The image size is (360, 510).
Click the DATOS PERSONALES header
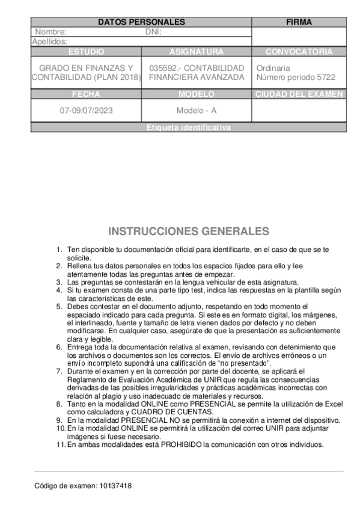[x=141, y=22]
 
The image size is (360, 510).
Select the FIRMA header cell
[x=299, y=22]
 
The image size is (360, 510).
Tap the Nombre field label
[x=50, y=32]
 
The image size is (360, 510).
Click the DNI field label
[x=154, y=32]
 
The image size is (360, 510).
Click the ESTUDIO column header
[x=86, y=52]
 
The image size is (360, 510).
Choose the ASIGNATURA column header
[x=197, y=52]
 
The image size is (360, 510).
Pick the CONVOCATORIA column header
[x=299, y=52]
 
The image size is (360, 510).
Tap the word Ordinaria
[x=273, y=68]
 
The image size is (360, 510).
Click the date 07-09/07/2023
[x=86, y=111]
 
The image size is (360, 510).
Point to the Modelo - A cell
[x=197, y=111]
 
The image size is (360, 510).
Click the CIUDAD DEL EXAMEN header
[x=299, y=94]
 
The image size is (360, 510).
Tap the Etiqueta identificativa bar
[x=188, y=127]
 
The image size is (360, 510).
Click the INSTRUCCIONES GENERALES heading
[x=188, y=232]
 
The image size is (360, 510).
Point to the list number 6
[x=59, y=347]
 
